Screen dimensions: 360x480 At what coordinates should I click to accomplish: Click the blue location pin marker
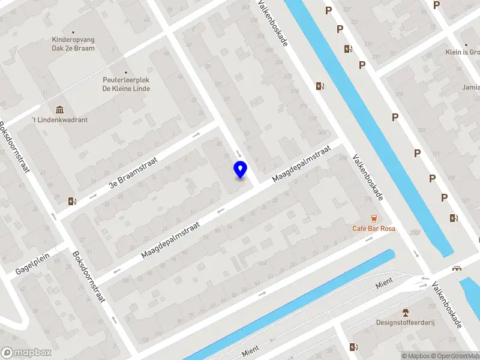point(241,169)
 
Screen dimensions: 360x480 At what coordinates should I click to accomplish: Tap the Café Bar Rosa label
point(374,229)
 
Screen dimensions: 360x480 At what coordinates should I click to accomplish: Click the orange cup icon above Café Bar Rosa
point(374,218)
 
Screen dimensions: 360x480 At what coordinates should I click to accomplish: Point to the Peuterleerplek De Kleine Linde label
point(126,85)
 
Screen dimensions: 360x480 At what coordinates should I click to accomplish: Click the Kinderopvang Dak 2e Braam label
point(73,44)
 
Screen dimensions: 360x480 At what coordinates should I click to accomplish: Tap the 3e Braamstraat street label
point(133,173)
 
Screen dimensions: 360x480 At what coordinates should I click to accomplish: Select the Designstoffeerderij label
point(406,322)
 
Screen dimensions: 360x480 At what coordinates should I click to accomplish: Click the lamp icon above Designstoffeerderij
point(406,312)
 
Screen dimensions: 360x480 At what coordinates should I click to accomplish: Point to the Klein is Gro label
point(463,52)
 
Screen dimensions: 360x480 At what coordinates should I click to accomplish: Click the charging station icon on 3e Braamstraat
point(73,201)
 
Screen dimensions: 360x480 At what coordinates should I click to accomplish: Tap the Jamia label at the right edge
point(471,88)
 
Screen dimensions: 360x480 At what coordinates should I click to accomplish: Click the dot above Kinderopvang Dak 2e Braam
point(73,32)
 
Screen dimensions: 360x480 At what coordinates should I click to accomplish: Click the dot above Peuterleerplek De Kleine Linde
point(126,73)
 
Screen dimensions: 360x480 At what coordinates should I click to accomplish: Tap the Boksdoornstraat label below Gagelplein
point(89,275)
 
